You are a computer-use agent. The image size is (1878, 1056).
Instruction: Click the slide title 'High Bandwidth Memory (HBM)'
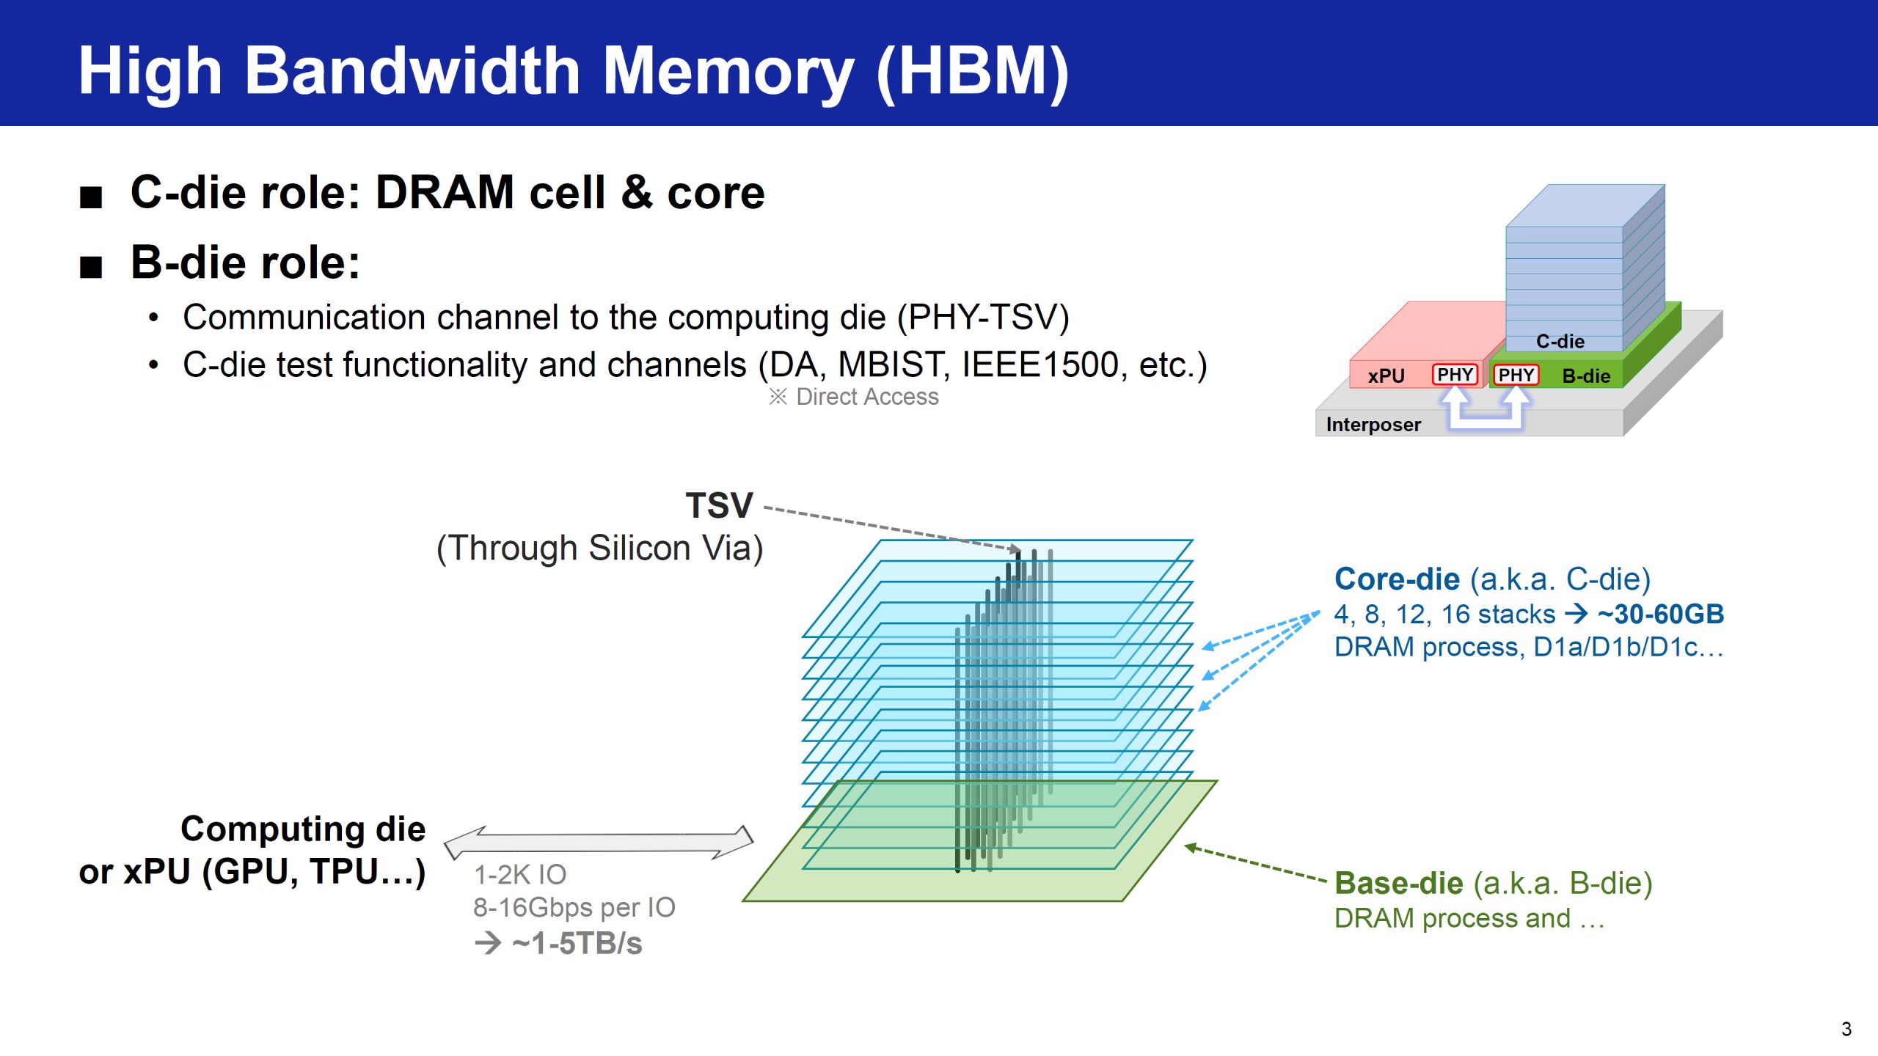pos(573,71)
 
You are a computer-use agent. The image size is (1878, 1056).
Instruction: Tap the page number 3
pos(1846,1029)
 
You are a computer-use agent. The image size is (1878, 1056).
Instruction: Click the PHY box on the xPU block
pos(1455,375)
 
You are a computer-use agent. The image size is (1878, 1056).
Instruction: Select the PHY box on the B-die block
pos(1516,375)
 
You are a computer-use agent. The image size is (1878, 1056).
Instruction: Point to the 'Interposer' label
pos(1373,425)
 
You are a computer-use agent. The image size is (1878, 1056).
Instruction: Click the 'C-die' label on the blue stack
pos(1560,341)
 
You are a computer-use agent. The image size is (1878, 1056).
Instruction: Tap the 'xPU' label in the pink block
pos(1386,376)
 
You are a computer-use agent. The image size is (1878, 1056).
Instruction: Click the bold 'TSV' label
pos(719,505)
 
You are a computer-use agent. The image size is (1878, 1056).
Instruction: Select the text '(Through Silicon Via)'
pos(600,549)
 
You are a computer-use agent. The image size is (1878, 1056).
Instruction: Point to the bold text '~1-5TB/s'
pos(577,944)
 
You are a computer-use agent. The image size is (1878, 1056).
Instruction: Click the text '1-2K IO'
pos(520,875)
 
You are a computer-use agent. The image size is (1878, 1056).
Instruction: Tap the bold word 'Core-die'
pos(1397,579)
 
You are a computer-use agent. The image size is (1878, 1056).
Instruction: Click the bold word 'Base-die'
pos(1399,884)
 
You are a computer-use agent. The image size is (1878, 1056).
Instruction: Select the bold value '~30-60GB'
pos(1661,615)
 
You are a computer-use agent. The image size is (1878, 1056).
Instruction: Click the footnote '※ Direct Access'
pos(853,397)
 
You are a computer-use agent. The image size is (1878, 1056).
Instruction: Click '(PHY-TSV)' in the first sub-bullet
pos(983,318)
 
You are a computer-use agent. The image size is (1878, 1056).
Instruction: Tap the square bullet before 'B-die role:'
pos(91,267)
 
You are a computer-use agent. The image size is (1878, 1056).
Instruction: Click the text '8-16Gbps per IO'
pos(574,908)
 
